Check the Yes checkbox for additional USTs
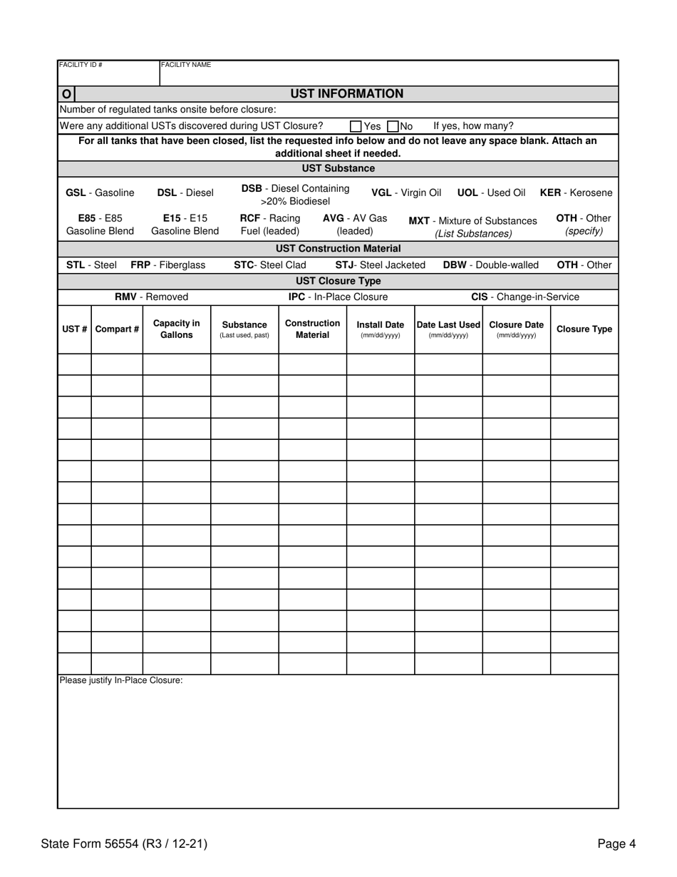tap(356, 126)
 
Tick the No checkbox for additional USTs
tap(393, 126)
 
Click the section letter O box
tap(66, 94)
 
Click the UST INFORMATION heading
tap(346, 93)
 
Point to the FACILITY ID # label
tap(81, 65)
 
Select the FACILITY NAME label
tap(186, 65)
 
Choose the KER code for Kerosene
tap(551, 193)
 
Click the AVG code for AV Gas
tap(334, 218)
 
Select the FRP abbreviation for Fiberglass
tap(140, 265)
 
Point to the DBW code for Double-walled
tap(455, 265)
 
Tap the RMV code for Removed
tap(125, 297)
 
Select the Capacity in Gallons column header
tap(177, 329)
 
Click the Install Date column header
tap(381, 329)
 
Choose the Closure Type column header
tap(584, 329)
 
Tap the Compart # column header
tap(117, 329)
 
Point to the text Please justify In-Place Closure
tap(121, 680)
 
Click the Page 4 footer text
tap(616, 844)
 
